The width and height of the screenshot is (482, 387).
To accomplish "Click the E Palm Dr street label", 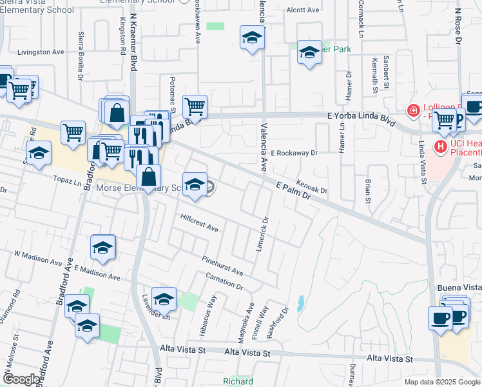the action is [x=293, y=192].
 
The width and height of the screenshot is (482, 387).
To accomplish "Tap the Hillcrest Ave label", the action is [x=200, y=223].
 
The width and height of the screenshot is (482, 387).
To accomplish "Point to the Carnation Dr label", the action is [x=224, y=281].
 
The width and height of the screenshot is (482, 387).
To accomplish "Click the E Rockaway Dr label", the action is [x=294, y=154].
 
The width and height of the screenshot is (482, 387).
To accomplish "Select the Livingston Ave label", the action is [x=41, y=52].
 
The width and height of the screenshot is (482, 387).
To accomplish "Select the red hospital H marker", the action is [x=441, y=147].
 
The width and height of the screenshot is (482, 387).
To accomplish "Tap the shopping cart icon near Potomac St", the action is [x=195, y=106].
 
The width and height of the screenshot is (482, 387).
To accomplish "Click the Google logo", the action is [x=22, y=379].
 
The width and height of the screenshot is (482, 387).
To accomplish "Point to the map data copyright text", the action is [x=441, y=382].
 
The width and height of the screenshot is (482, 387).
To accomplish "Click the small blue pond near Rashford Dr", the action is [x=301, y=302].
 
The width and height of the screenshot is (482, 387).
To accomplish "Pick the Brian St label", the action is [x=368, y=191].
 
